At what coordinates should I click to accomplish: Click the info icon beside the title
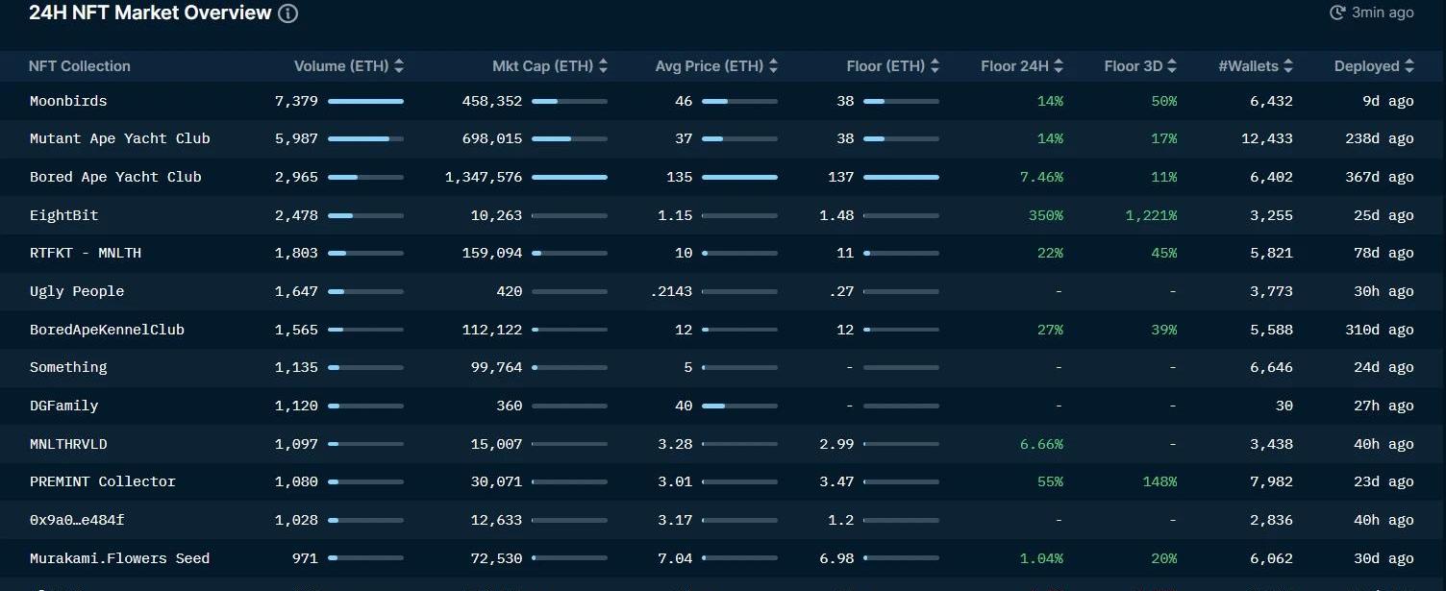tap(287, 13)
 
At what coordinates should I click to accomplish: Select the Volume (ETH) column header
tap(341, 66)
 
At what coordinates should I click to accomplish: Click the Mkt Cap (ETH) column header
tap(542, 66)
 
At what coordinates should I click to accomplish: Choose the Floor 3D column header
tap(1134, 66)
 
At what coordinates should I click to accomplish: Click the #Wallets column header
tap(1248, 66)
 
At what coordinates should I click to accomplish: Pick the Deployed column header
tap(1366, 66)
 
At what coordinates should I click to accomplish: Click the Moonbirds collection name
tap(68, 101)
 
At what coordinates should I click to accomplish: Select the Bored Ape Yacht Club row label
tap(115, 177)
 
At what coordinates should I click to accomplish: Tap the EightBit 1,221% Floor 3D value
tap(1151, 215)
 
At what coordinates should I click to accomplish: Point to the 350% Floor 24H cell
tap(1045, 215)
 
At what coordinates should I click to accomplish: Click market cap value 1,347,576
tap(484, 177)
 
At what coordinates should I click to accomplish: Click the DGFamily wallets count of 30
tap(1284, 406)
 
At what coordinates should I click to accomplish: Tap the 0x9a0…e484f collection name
tap(77, 520)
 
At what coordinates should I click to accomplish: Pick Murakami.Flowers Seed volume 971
tap(305, 558)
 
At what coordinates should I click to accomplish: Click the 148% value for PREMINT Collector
tap(1159, 481)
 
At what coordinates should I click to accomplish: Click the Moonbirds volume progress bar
tap(365, 101)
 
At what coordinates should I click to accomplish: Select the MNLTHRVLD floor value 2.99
tap(836, 444)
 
